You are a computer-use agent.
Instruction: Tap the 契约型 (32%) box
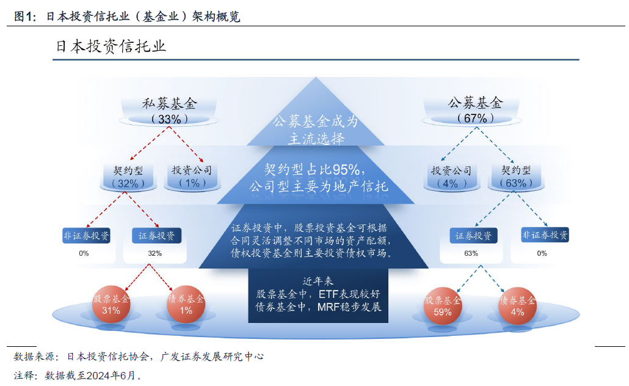[128, 176]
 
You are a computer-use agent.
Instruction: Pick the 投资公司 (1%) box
[192, 176]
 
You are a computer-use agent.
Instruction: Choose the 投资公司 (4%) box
[451, 176]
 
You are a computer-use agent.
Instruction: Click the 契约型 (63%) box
[516, 176]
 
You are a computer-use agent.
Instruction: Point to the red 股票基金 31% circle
[111, 305]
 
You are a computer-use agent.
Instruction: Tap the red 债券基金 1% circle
[186, 305]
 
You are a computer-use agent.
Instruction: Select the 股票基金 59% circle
[443, 305]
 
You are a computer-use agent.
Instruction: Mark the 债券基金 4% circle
[517, 305]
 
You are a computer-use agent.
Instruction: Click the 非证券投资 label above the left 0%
[87, 236]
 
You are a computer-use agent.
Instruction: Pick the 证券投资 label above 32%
[156, 236]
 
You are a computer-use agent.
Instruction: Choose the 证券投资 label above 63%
[473, 236]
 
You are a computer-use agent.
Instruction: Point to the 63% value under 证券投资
[471, 253]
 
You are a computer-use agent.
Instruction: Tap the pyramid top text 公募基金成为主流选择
[315, 130]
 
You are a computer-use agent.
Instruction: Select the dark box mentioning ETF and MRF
[315, 295]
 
